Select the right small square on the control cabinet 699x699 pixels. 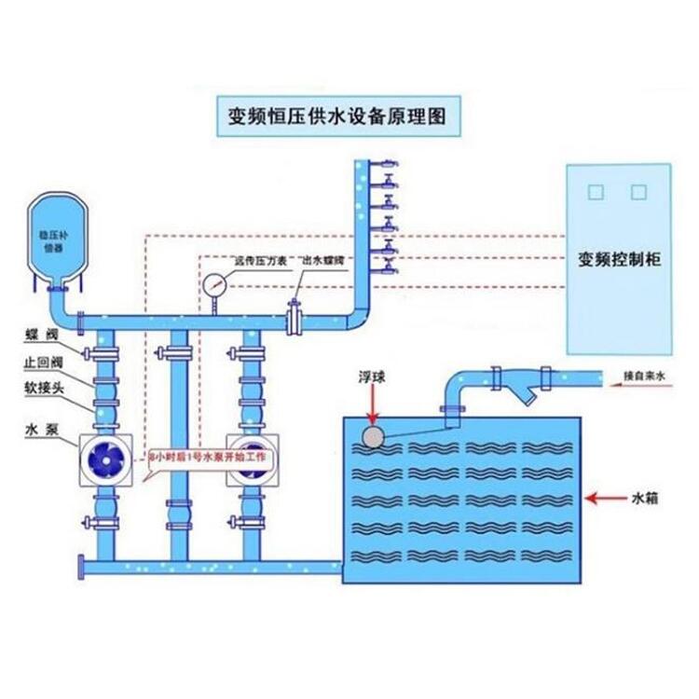pos(638,192)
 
